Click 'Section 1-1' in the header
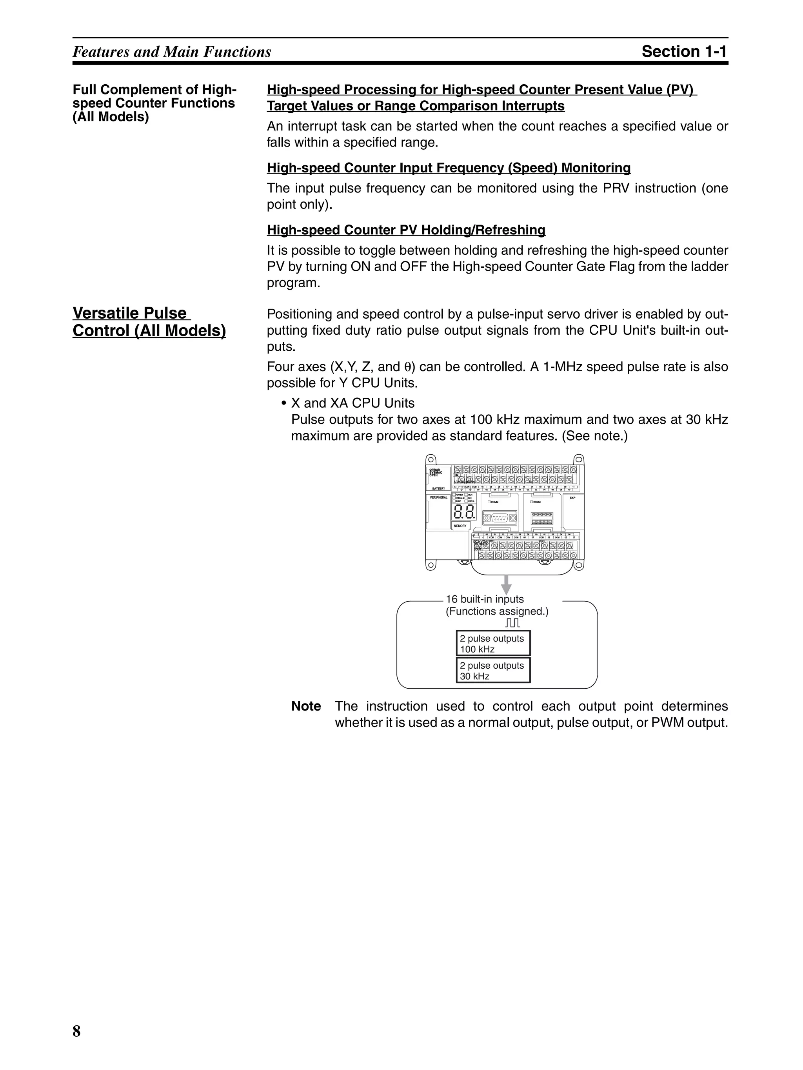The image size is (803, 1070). (684, 51)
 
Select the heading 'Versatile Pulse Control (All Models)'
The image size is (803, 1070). (149, 322)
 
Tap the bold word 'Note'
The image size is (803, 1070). (306, 706)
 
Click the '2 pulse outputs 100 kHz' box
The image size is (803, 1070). (493, 643)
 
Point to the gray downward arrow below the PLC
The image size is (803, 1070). (506, 584)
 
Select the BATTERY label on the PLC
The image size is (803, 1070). (438, 489)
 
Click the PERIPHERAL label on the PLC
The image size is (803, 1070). (438, 497)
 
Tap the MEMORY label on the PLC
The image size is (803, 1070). (460, 526)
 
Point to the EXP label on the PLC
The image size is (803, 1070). (572, 497)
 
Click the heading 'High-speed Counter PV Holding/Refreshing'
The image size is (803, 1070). (405, 230)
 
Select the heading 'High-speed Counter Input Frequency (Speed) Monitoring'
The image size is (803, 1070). (448, 168)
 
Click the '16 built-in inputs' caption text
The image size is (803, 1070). (485, 599)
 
